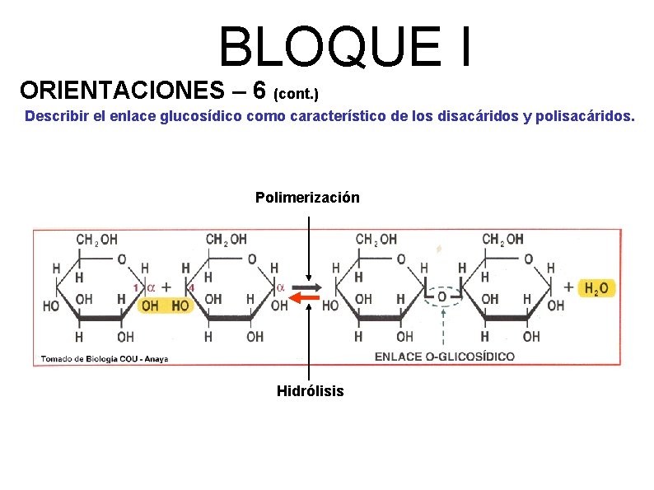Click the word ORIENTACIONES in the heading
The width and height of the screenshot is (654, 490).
[117, 88]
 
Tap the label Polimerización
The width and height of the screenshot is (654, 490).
[307, 198]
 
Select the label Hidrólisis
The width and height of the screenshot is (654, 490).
[310, 390]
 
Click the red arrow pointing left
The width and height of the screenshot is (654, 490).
[306, 297]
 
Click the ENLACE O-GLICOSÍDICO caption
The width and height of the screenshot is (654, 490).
[444, 356]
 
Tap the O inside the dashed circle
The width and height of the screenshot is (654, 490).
[442, 296]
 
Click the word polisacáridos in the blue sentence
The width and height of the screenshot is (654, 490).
[585, 116]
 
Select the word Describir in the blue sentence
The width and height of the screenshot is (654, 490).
[56, 116]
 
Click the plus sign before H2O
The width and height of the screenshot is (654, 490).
[569, 287]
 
